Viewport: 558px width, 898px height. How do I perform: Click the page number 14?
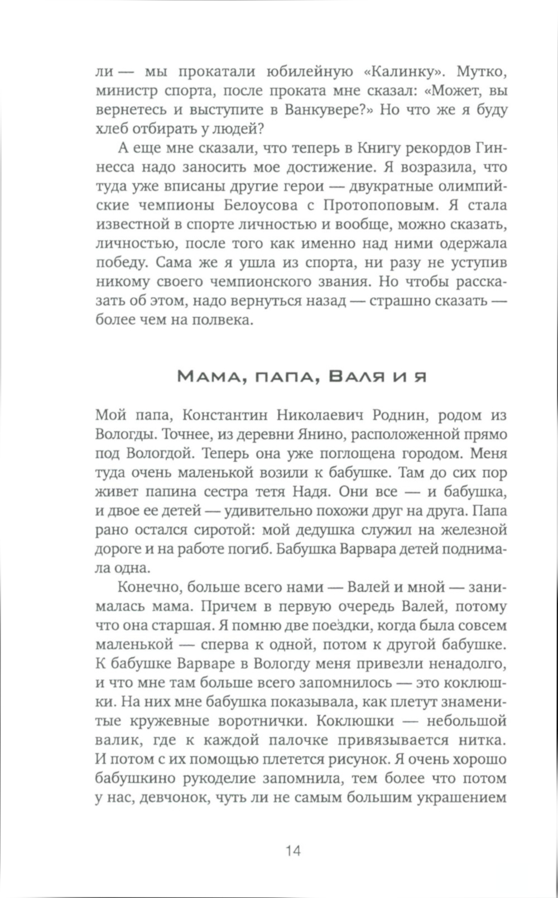click(293, 851)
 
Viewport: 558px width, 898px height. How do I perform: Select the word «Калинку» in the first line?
click(402, 72)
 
